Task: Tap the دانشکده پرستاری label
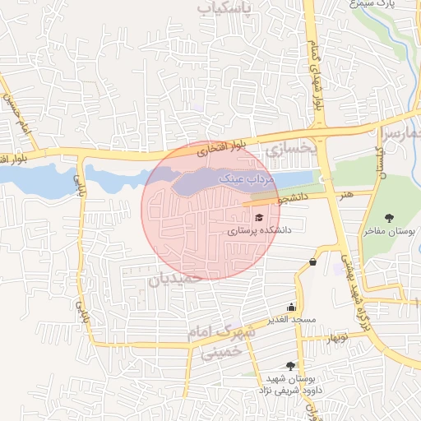click(x=254, y=232)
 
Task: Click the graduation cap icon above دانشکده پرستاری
click(x=259, y=218)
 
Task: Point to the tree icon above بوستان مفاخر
click(x=389, y=217)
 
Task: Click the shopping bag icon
click(x=312, y=262)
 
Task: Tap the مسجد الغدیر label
click(x=290, y=318)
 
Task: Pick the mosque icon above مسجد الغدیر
click(x=290, y=306)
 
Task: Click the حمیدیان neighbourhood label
click(x=175, y=280)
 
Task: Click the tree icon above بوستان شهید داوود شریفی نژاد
click(x=289, y=366)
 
